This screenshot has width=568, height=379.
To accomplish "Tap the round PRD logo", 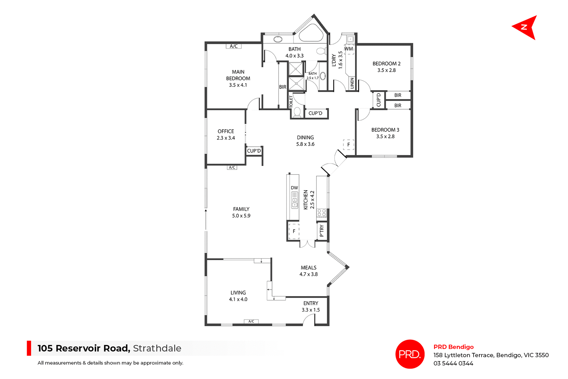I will pyautogui.click(x=410, y=354).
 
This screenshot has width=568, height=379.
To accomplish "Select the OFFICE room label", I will pyautogui.click(x=226, y=131).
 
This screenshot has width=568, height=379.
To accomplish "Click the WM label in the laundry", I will pyautogui.click(x=348, y=49).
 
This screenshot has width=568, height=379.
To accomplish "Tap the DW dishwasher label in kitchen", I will pyautogui.click(x=294, y=188).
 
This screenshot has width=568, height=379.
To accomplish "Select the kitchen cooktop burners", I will pyautogui.click(x=322, y=213).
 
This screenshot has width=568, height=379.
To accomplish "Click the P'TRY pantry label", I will pyautogui.click(x=322, y=230).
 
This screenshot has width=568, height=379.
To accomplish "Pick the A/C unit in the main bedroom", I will pyautogui.click(x=234, y=46).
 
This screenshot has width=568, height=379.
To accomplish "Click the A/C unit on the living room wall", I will pyautogui.click(x=251, y=321).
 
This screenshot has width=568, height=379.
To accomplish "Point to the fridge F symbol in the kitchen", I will pyautogui.click(x=294, y=231).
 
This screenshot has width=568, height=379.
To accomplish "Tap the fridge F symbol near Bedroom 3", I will pyautogui.click(x=348, y=145).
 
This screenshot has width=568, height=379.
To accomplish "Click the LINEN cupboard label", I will pyautogui.click(x=352, y=83).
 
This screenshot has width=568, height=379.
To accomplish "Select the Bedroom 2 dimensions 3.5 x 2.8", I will pyautogui.click(x=386, y=70).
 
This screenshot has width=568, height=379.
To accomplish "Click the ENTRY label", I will pyautogui.click(x=311, y=303).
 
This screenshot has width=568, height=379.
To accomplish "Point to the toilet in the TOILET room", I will pyautogui.click(x=297, y=112).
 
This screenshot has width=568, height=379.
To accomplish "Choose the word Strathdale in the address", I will pyautogui.click(x=157, y=348).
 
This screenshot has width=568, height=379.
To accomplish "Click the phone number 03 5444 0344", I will pyautogui.click(x=453, y=363).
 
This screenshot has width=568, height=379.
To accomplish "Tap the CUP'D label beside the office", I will pyautogui.click(x=254, y=151).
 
